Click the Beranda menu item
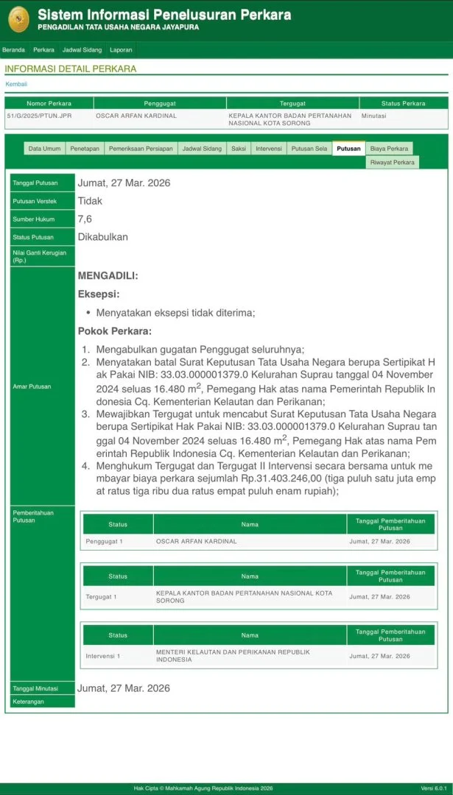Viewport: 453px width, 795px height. (x=13, y=50)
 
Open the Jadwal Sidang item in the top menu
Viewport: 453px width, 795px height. (x=81, y=50)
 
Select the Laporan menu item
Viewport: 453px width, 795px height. (x=122, y=50)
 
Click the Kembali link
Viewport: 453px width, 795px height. (x=16, y=84)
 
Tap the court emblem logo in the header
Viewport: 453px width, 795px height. (x=18, y=19)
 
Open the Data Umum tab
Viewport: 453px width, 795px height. (x=44, y=149)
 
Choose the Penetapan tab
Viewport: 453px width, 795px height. (x=85, y=149)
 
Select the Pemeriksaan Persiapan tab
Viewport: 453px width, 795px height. (x=141, y=149)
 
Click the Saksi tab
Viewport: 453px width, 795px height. (x=239, y=149)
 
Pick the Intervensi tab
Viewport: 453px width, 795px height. (x=269, y=149)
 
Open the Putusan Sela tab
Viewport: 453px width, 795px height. (x=309, y=149)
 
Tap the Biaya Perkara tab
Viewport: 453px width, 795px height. (x=389, y=149)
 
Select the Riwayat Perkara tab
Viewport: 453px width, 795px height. (x=392, y=162)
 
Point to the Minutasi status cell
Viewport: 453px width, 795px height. (x=374, y=116)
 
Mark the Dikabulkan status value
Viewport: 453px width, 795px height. (x=103, y=237)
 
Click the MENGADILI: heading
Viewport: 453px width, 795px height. (x=108, y=275)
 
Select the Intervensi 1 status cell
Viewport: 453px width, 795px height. (x=103, y=655)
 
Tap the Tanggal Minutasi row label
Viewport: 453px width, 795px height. (x=35, y=689)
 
